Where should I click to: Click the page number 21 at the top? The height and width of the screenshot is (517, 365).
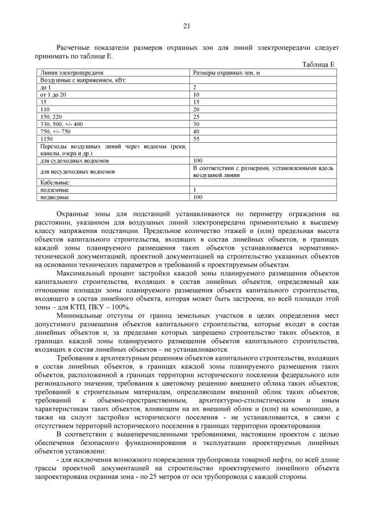tap(186, 26)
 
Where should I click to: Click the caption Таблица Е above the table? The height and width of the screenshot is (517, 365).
tap(318, 66)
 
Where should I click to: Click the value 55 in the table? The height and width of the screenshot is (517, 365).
tap(197, 139)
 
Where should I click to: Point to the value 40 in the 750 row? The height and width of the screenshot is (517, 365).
tap(197, 131)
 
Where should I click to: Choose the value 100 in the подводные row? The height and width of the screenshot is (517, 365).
tap(198, 197)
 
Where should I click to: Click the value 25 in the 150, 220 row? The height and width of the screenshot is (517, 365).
tap(197, 117)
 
